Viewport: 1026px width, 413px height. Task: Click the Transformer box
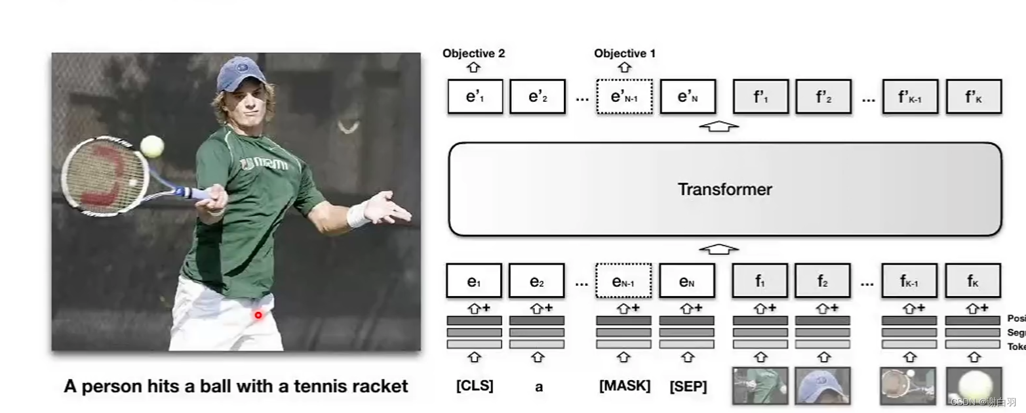pos(724,189)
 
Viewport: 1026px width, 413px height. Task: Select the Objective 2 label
pos(473,54)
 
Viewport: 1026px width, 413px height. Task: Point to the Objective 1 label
pos(624,54)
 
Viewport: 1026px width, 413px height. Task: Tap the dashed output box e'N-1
pos(624,97)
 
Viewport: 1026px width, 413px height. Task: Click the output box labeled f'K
pos(974,97)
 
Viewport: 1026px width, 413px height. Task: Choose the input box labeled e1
pos(474,281)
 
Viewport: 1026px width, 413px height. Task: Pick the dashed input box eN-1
pos(623,281)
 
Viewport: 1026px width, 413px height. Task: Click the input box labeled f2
pos(822,281)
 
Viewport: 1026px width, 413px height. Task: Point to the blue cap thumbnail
pos(822,385)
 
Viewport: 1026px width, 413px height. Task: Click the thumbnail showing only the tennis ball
pos(974,385)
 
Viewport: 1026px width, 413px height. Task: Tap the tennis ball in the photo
pos(152,146)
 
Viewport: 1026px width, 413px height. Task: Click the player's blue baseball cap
pos(241,74)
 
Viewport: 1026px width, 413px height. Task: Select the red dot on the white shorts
pos(258,315)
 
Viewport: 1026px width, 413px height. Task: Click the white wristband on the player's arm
pos(358,215)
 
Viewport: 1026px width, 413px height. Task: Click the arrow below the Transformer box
pos(719,249)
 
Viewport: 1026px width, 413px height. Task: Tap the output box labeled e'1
pos(475,97)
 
